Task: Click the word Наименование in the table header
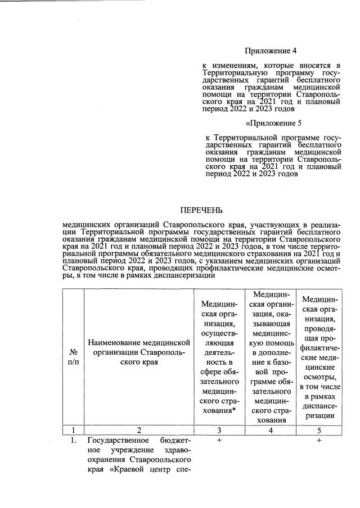(115, 342)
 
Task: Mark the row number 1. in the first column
(73, 441)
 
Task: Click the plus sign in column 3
(219, 441)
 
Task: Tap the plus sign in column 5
(319, 441)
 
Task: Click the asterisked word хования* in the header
(219, 410)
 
